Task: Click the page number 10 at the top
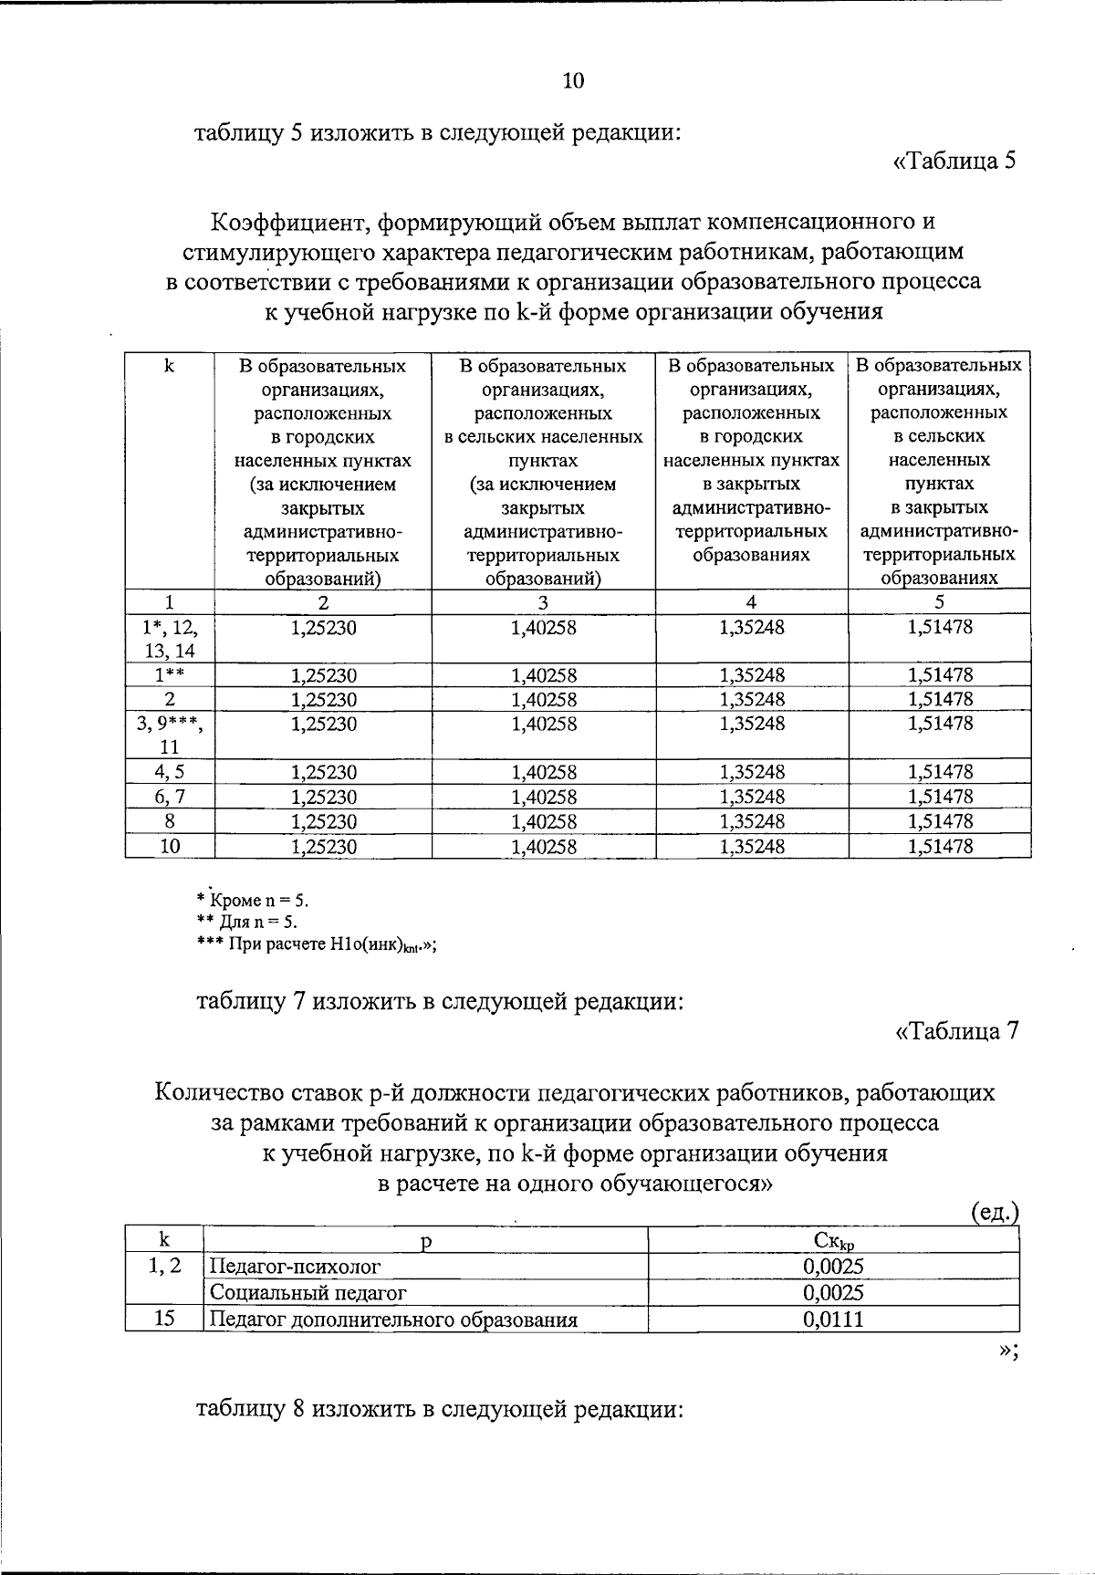(573, 81)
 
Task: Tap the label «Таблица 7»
(956, 1031)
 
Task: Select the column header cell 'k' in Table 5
(170, 367)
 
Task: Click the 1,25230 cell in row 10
(324, 847)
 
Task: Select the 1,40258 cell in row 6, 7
(544, 798)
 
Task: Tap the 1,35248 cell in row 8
(752, 821)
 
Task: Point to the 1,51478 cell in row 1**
(940, 675)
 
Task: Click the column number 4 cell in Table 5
(752, 602)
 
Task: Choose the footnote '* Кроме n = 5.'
(253, 901)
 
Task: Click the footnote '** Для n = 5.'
(247, 922)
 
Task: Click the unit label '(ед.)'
(993, 1212)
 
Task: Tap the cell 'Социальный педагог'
(308, 1293)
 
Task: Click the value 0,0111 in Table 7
(833, 1319)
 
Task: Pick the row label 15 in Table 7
(164, 1319)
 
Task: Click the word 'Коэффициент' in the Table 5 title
(290, 222)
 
